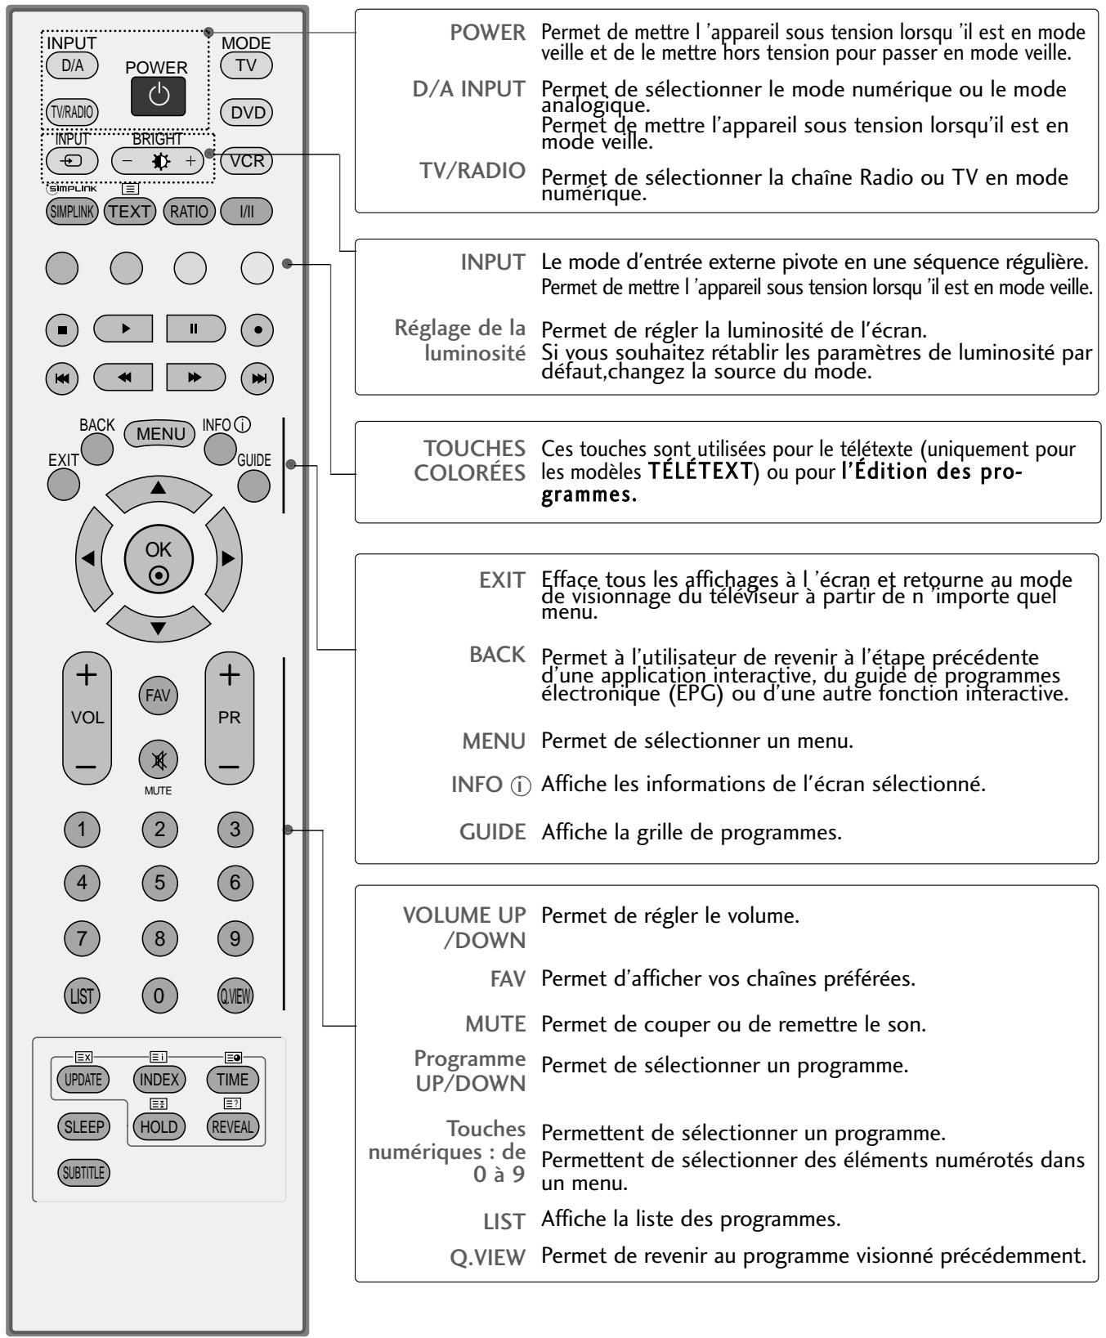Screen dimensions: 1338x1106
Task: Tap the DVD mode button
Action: pos(246,113)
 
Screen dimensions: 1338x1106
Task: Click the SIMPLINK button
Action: pos(72,211)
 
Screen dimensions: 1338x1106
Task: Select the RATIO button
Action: pos(189,211)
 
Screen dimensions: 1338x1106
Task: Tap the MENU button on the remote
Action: pos(161,434)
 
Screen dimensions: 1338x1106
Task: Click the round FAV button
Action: pos(159,696)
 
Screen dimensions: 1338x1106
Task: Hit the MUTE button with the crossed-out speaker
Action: pos(159,759)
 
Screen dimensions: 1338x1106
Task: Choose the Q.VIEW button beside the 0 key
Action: pos(235,995)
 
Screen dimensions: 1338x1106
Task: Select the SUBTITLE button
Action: pos(83,1171)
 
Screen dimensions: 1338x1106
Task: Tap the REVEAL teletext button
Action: pos(234,1126)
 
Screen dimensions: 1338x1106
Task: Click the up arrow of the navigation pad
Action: pos(159,487)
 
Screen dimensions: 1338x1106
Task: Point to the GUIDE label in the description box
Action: pos(492,832)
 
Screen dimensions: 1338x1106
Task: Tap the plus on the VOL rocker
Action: pos(87,674)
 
